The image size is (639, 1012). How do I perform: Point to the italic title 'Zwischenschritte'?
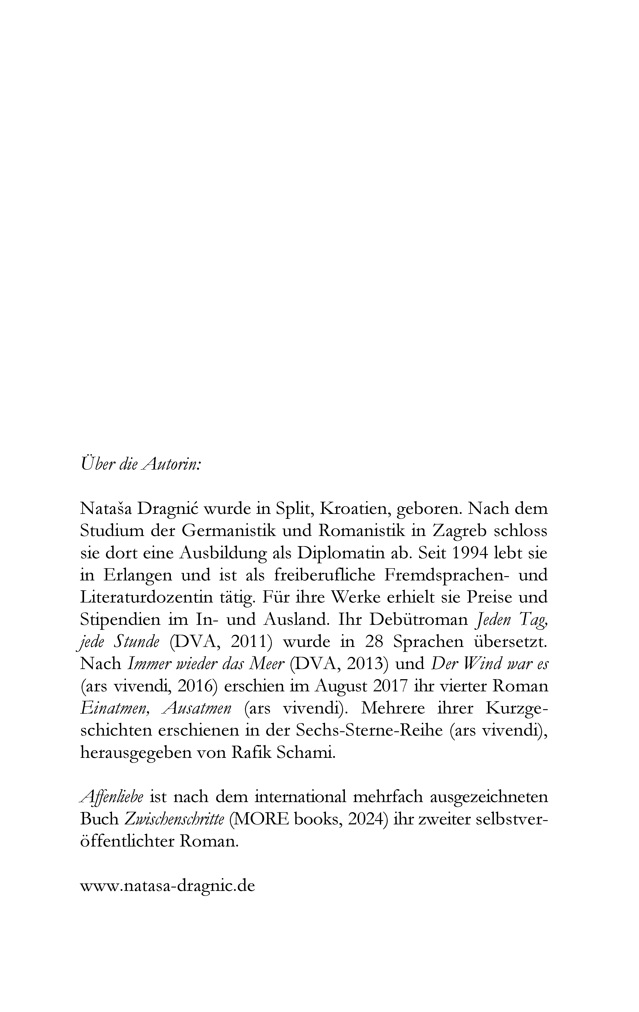pos(174,819)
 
